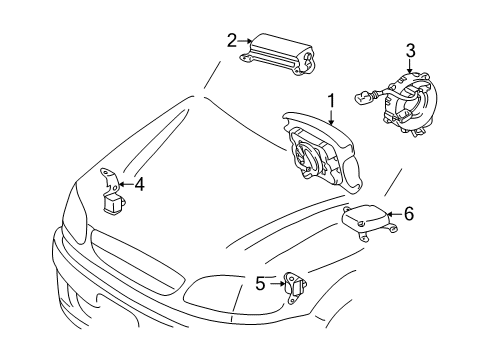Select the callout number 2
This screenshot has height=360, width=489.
coord(232,41)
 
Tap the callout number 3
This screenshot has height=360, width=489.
coord(411,51)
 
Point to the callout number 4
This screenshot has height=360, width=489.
coord(140,184)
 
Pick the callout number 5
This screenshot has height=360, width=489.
coord(260,284)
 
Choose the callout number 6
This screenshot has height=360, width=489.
coord(409,213)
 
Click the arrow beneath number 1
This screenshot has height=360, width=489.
coord(331,117)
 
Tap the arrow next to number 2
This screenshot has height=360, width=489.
coord(245,41)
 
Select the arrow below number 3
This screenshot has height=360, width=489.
coord(410,66)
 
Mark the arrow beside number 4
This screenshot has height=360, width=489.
coord(126,184)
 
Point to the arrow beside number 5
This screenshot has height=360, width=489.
coord(277,284)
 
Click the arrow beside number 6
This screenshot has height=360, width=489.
coord(394,214)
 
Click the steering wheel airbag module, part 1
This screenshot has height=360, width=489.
coord(322,153)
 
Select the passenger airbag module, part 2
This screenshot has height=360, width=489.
coord(278,55)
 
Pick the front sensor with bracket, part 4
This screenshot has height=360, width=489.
coord(112,191)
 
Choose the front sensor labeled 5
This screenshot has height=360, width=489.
coord(295,287)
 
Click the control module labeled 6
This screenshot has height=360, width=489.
coord(369,221)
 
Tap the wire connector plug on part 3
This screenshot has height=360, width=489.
coord(363,97)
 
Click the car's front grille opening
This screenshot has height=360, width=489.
coord(137,260)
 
